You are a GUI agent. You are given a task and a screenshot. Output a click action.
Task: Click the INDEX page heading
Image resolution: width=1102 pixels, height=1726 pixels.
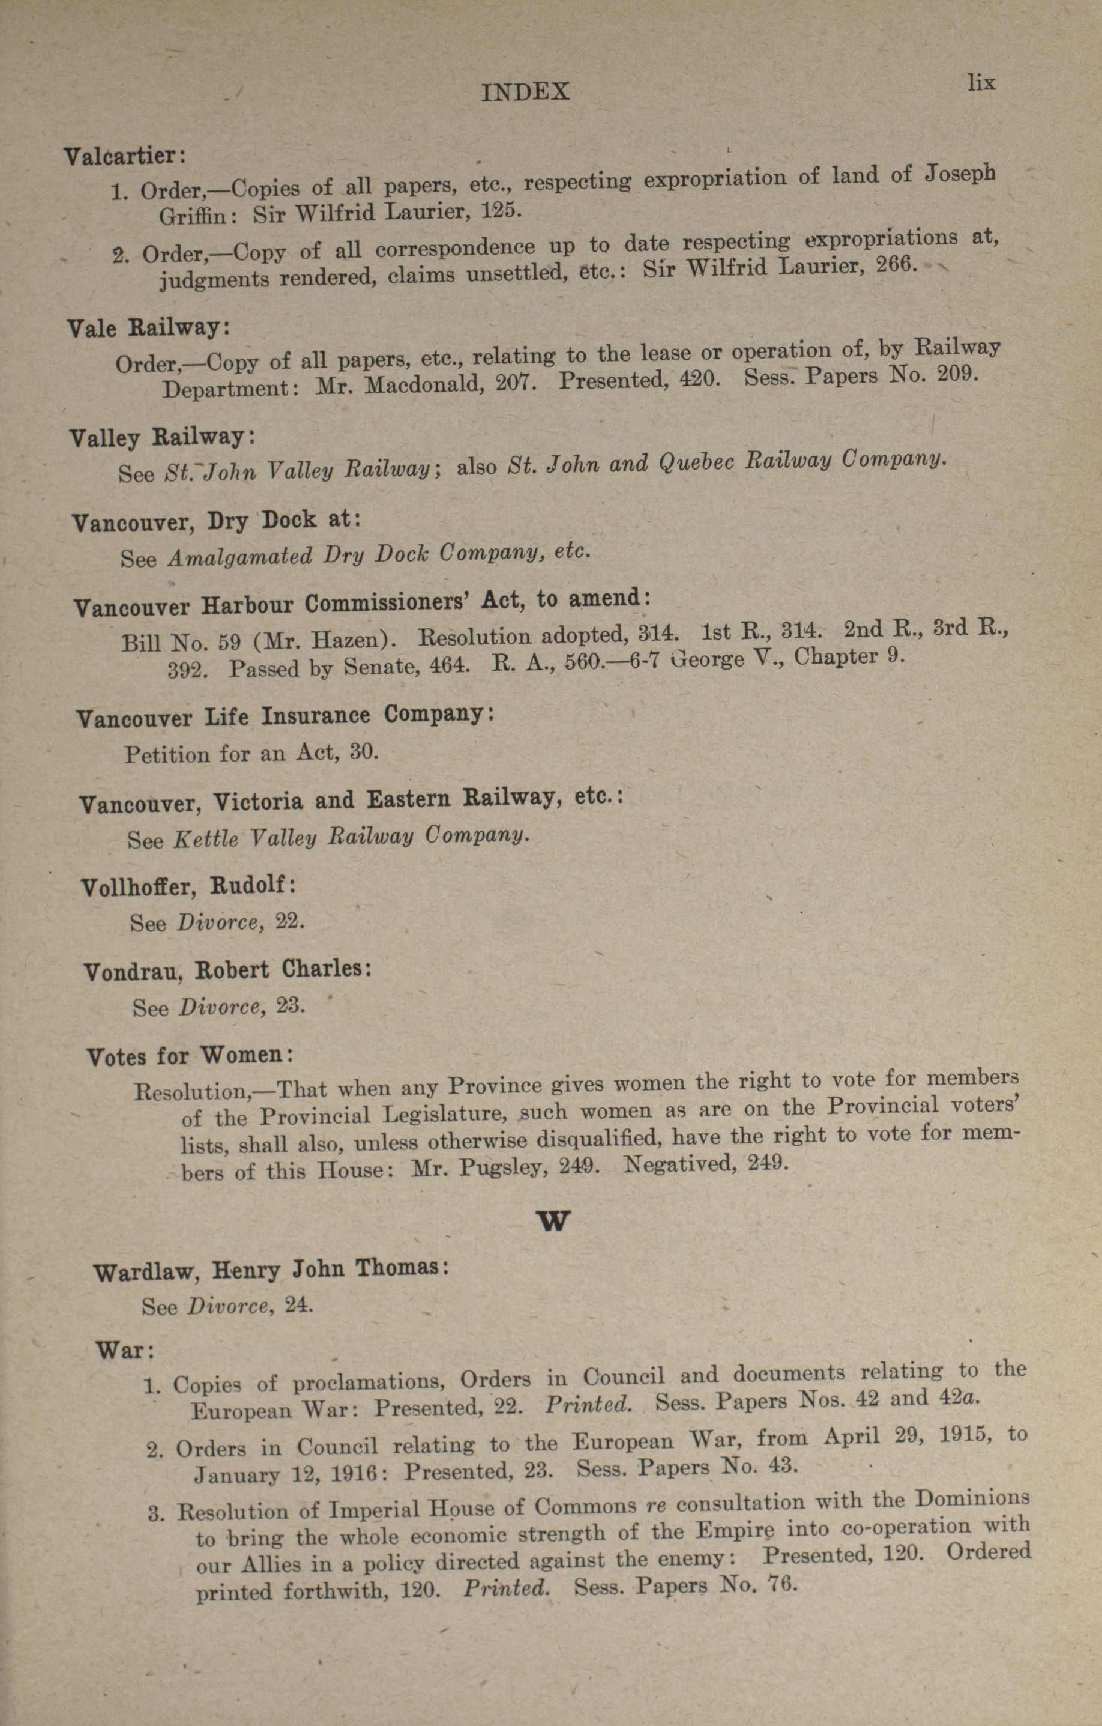(525, 92)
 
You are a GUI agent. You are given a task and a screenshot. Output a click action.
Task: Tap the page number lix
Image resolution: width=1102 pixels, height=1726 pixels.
(981, 83)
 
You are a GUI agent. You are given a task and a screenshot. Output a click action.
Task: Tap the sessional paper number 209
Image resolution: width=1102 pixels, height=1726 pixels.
(955, 374)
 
